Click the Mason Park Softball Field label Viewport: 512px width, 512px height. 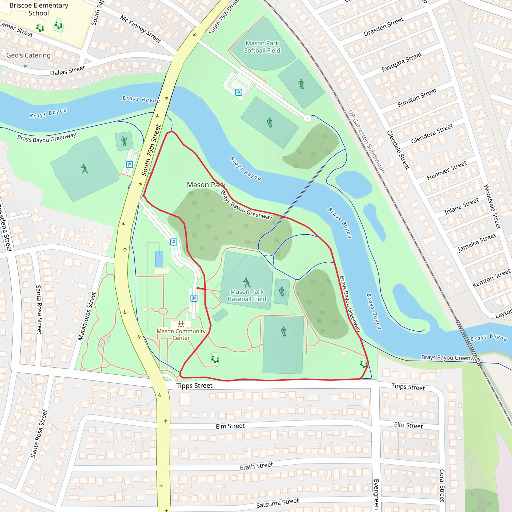click(x=262, y=47)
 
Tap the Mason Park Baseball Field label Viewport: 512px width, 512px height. click(x=247, y=295)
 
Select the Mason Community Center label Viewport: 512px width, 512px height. click(x=181, y=334)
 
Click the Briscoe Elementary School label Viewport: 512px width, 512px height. click(x=39, y=9)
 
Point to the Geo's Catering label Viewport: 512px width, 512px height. click(x=28, y=55)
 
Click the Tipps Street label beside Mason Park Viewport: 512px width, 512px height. click(x=194, y=385)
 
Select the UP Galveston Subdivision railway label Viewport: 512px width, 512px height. click(x=366, y=142)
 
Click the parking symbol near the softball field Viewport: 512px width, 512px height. click(x=239, y=92)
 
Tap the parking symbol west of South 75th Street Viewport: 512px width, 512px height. click(x=129, y=164)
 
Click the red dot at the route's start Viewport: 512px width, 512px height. click(x=198, y=288)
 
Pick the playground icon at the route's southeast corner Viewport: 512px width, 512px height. click(x=363, y=364)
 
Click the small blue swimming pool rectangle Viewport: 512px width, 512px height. click(x=159, y=259)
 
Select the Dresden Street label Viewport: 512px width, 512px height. click(x=383, y=27)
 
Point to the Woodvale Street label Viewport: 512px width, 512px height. click(x=492, y=207)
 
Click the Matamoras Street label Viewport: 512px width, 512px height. click(x=87, y=316)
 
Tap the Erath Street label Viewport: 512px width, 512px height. click(x=256, y=466)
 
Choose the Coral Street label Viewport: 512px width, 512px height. click(x=442, y=485)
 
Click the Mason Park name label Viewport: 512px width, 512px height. click(x=206, y=185)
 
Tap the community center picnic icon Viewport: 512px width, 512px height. click(x=181, y=324)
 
